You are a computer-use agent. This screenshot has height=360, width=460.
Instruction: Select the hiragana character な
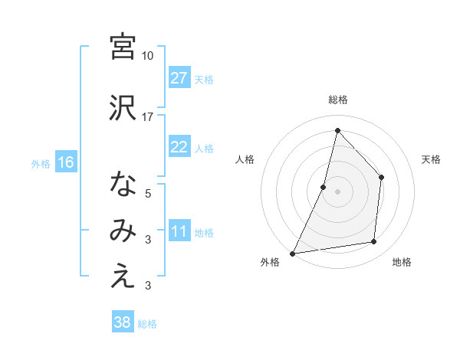pos(123,185)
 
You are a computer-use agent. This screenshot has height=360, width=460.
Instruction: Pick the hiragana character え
pos(123,277)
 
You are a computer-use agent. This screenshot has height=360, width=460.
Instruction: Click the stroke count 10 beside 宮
pos(148,56)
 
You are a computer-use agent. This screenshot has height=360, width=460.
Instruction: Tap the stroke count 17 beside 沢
pos(148,116)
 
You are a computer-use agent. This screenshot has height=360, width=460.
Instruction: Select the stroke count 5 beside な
pos(148,194)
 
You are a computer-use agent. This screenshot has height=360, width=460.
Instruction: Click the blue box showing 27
pos(179,77)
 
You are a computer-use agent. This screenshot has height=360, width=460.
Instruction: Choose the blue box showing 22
pos(179,147)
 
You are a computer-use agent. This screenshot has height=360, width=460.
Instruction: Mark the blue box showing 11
pos(179,232)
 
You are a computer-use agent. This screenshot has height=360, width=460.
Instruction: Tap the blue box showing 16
pos(65,162)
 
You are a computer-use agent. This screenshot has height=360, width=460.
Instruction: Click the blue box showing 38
pos(122,322)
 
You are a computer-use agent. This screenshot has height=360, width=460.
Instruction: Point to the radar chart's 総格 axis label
pos(337,100)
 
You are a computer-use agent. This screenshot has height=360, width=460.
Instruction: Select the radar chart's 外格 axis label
pos(270,263)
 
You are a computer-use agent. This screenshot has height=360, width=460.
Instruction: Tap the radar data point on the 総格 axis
pos(337,130)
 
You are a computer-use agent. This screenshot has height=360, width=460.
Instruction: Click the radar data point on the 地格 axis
pos(374,242)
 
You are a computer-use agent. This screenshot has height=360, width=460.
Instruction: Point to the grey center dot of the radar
pos(337,191)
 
